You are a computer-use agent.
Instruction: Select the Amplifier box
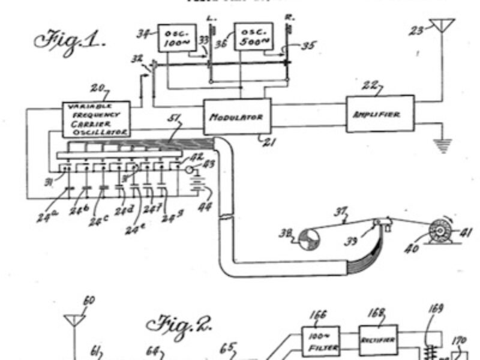point(380,113)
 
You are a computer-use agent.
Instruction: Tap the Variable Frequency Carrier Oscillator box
point(96,118)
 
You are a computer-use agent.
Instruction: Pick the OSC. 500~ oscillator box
point(252,37)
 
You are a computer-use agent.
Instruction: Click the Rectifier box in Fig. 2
point(378,340)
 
